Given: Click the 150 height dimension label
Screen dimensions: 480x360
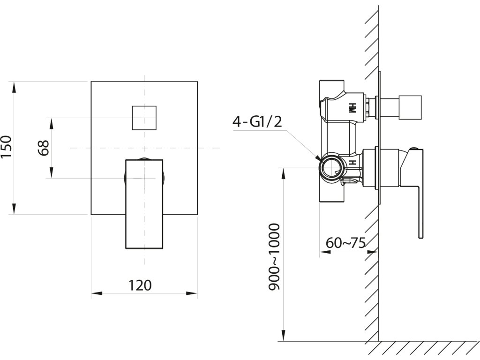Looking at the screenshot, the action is click(7, 147).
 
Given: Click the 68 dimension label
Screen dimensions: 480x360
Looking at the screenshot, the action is click(44, 148).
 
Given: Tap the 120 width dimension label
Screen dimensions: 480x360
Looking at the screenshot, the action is click(140, 285).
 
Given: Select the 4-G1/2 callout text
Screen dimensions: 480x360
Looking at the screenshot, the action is click(257, 122).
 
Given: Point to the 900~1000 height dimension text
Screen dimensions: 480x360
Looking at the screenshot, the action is click(274, 257).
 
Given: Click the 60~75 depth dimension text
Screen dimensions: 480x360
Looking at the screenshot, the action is click(345, 243).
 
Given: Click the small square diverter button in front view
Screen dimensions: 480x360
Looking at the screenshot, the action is click(144, 118).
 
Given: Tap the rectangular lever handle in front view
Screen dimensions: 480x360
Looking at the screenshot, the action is click(144, 204).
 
